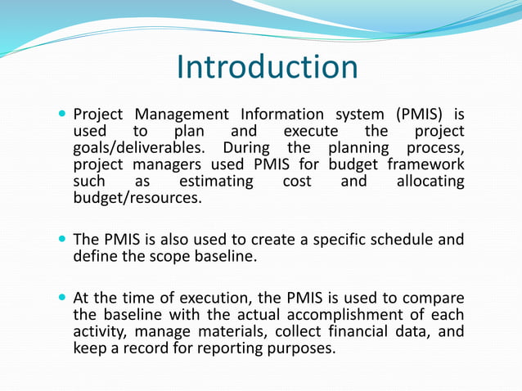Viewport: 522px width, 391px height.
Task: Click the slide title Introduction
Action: click(x=267, y=67)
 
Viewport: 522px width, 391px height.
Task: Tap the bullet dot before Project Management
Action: click(x=62, y=114)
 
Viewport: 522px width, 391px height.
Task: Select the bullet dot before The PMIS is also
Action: click(x=62, y=240)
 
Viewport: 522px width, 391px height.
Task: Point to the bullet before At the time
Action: click(x=62, y=297)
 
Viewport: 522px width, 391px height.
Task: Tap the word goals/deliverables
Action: click(x=143, y=149)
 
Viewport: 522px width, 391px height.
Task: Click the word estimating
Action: click(x=216, y=181)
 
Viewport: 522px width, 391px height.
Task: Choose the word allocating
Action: click(x=430, y=181)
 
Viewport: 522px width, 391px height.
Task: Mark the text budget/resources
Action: click(x=136, y=197)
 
